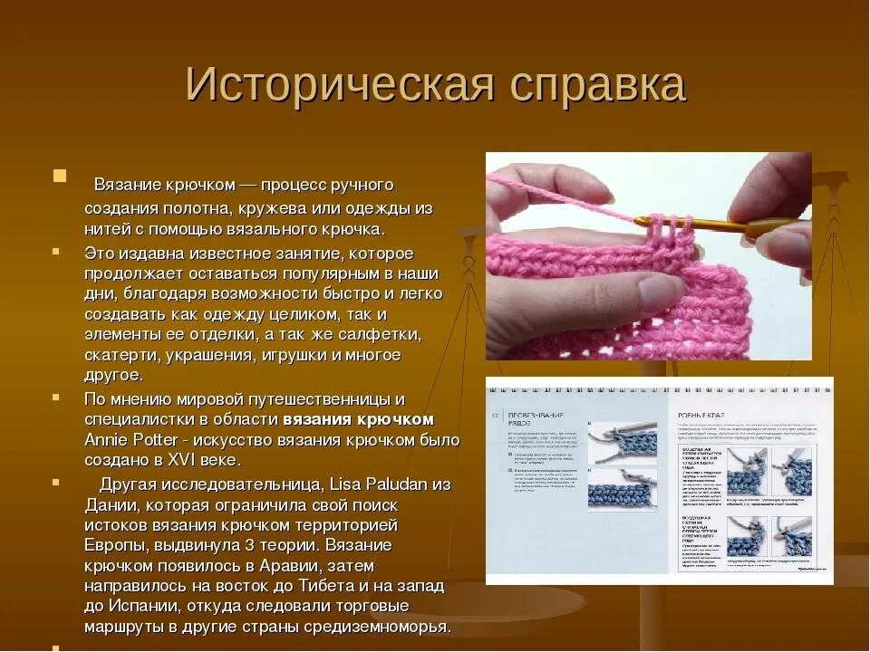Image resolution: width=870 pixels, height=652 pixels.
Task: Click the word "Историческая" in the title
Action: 340,85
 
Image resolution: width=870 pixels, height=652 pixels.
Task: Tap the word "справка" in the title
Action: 597,85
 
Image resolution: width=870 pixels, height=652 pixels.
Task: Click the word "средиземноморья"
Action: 376,627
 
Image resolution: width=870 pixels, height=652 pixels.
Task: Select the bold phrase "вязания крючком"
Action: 359,419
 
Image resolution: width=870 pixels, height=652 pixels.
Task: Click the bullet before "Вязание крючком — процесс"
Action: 60,176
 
